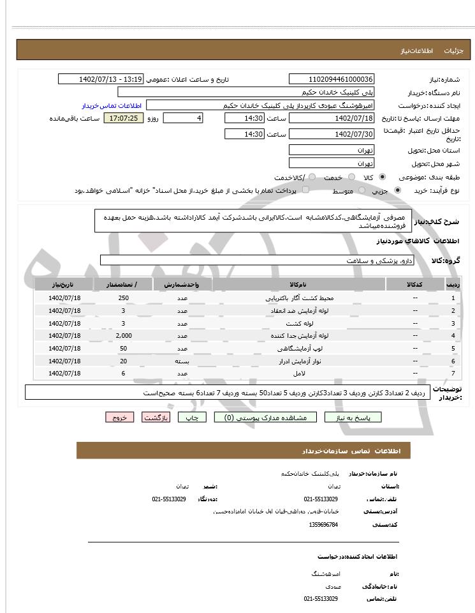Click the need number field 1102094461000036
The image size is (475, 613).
[332, 79]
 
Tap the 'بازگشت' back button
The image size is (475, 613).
[156, 417]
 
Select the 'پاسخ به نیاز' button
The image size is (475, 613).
[353, 417]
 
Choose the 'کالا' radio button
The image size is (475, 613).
[382, 177]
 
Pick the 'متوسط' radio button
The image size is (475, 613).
[362, 190]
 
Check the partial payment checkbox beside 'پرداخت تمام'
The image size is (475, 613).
[305, 190]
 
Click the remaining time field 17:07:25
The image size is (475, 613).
[124, 119]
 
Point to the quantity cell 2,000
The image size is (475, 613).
[124, 335]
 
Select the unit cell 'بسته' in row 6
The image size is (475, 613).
[182, 361]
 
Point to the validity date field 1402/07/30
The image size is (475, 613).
[332, 134]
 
